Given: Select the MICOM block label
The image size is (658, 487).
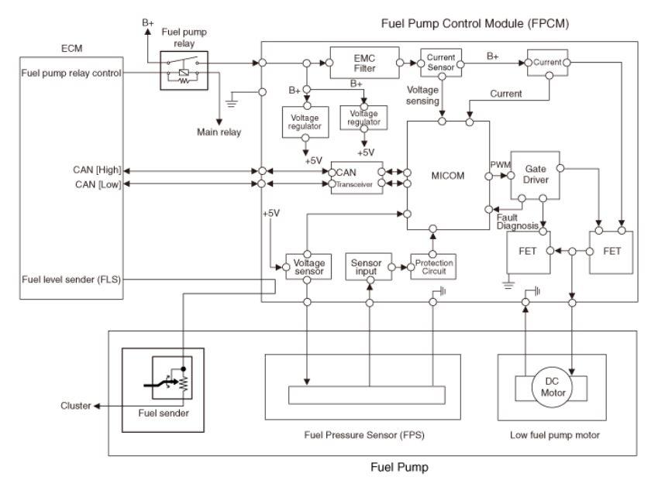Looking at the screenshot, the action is pos(448,176).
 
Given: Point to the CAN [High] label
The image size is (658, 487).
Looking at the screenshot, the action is pos(97,170).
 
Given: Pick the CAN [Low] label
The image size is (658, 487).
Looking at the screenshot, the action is pos(98,184).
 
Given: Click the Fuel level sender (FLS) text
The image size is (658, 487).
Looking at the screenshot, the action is pos(71,280).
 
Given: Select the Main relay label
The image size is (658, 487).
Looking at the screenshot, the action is pos(219,132).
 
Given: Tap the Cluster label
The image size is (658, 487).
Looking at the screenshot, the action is pos(75,406).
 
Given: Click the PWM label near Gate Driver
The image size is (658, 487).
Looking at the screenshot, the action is pos(500,165).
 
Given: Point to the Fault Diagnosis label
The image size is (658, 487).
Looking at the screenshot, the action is pos(518,221).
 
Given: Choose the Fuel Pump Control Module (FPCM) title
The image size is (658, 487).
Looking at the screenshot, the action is pos(475,23).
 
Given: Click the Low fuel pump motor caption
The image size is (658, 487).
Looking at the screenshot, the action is pos(555,435).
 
